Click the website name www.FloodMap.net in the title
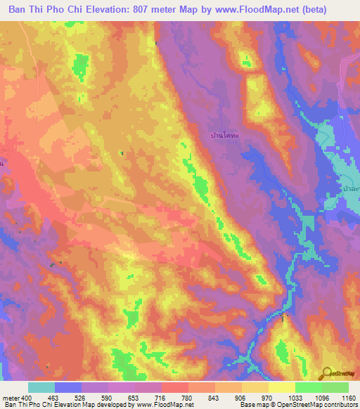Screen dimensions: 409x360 [x=252, y=10]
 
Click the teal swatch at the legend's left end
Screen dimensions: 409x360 [x=41, y=387]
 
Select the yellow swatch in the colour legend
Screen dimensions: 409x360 [x=281, y=387]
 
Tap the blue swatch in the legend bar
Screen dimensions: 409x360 [x=68, y=387]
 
